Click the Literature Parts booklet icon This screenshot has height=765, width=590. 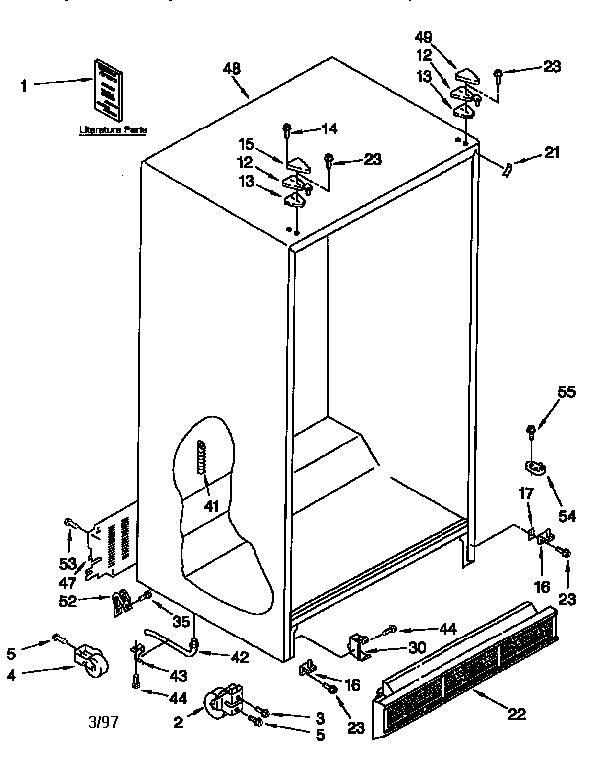coord(107,87)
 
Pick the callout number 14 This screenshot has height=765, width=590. coord(330,127)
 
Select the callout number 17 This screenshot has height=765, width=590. coord(524,492)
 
